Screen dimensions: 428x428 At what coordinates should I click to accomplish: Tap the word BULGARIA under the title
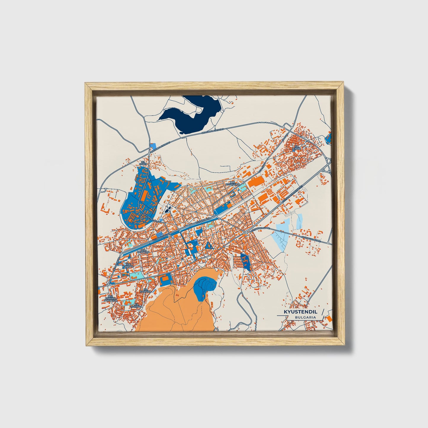coord(305,317)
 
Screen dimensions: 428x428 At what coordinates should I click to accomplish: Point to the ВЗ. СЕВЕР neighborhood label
coord(143,163)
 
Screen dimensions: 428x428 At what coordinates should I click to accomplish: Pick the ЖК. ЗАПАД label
coord(128,265)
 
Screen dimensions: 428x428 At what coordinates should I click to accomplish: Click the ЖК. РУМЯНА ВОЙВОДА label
coord(112,298)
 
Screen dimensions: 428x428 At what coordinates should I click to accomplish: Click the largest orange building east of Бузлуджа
coord(256,182)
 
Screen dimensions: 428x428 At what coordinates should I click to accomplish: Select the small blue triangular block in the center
coord(209,245)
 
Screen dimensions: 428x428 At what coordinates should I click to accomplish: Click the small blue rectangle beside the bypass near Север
coord(153,146)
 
